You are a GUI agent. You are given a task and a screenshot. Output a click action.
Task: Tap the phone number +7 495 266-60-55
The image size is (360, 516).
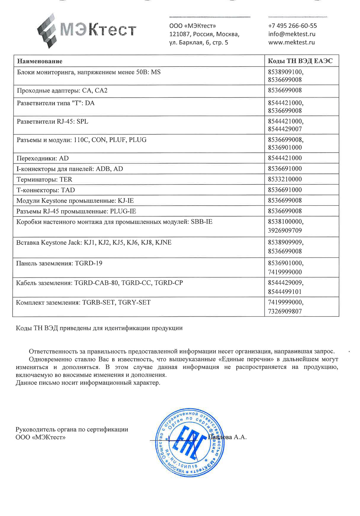(292, 26)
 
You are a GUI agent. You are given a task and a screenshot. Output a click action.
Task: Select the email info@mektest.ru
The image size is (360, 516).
(292, 34)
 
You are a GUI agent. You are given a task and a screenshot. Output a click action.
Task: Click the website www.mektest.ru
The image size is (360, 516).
(291, 42)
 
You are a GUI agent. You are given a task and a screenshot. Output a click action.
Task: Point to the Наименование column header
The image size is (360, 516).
(40, 61)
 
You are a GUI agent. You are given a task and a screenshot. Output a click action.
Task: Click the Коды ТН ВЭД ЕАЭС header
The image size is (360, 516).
(300, 61)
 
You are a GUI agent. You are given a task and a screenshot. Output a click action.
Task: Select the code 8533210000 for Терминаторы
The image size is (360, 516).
(285, 179)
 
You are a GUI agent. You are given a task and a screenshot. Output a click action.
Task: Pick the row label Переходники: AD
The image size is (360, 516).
(43, 158)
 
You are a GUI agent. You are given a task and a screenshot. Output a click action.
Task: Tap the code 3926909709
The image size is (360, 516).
(285, 231)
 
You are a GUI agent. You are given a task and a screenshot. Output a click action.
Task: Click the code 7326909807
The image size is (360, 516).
(285, 311)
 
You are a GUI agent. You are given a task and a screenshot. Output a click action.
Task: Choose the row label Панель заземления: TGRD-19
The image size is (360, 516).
(59, 263)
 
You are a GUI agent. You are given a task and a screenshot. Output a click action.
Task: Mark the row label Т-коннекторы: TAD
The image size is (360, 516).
(46, 190)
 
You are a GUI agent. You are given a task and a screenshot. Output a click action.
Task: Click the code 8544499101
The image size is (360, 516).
(285, 292)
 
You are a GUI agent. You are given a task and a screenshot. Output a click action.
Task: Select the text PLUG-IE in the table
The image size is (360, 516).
(123, 211)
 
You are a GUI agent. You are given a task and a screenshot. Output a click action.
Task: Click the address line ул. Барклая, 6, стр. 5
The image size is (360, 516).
(199, 43)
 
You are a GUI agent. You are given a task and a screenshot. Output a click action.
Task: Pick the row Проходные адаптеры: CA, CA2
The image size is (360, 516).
(62, 91)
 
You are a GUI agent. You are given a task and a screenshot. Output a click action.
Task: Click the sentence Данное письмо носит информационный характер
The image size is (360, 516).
(88, 383)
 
